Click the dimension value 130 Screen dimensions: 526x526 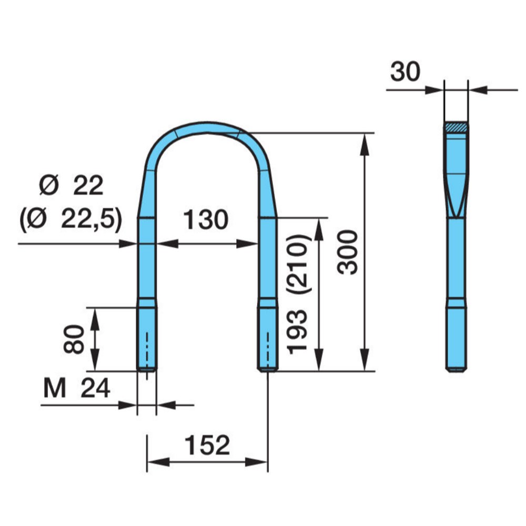(x=206, y=220)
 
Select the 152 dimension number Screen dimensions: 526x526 (x=207, y=445)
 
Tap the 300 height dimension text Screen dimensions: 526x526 (x=348, y=252)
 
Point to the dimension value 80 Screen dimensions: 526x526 (x=74, y=339)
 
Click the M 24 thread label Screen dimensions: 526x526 (x=77, y=388)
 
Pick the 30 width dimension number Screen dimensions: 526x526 (x=405, y=72)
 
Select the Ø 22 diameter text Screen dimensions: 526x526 (x=71, y=185)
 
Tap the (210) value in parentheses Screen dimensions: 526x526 (x=298, y=265)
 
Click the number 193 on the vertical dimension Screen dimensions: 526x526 (x=298, y=332)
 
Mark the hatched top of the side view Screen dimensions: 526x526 (x=456, y=127)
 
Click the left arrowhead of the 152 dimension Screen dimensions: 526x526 (x=158, y=462)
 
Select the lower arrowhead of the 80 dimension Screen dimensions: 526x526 (x=95, y=360)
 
